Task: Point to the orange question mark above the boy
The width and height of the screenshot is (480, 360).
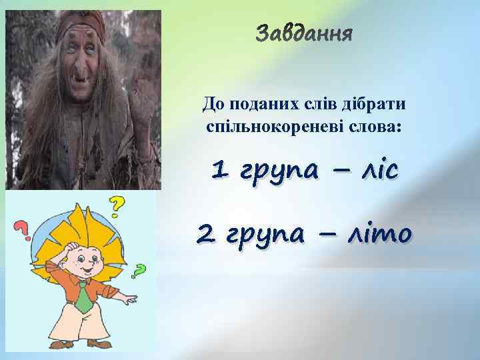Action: (x=117, y=207)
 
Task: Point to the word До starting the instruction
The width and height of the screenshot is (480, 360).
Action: (x=210, y=105)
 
